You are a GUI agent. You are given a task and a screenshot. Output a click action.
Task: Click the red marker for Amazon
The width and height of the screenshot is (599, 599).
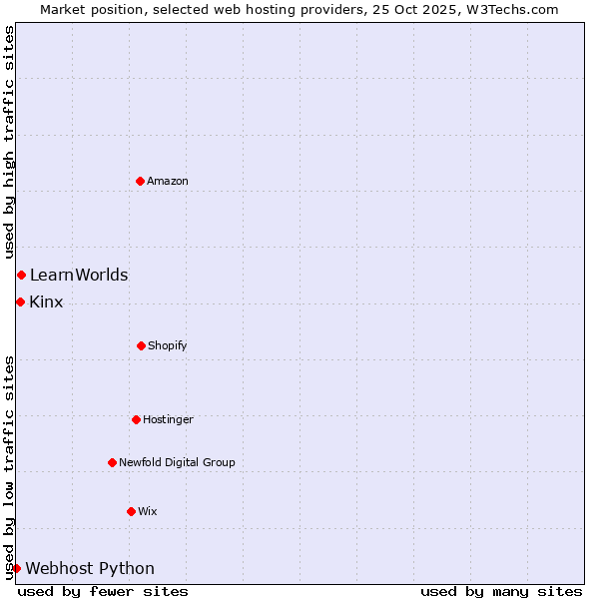pos(141,181)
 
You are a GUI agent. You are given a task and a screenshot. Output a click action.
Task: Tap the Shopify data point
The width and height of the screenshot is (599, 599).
pos(141,345)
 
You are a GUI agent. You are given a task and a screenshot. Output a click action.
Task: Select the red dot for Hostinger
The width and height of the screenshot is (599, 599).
pos(136,419)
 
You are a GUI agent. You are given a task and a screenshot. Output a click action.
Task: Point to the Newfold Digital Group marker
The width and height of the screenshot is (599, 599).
pos(112,462)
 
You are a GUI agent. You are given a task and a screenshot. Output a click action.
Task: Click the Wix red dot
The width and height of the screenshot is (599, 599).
pos(131,511)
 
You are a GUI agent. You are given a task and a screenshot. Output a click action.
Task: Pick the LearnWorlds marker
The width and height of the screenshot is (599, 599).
pos(21,275)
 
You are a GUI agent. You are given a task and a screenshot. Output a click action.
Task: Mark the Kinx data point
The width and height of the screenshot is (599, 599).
pos(20,301)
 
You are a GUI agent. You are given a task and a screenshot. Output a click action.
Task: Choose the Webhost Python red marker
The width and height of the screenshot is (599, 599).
pos(16,568)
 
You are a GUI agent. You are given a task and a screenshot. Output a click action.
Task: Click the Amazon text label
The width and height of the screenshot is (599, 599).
pos(168,181)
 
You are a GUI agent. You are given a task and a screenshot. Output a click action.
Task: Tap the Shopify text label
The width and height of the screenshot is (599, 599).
pos(168,345)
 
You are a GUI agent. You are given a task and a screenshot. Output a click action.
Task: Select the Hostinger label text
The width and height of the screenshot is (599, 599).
pos(168,419)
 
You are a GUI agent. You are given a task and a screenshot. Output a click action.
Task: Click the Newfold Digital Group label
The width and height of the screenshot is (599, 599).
pos(177,462)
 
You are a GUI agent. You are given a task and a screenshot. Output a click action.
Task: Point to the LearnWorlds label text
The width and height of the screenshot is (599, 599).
pos(79,275)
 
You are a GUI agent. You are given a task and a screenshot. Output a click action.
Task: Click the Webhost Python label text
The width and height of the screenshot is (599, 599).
pos(90,568)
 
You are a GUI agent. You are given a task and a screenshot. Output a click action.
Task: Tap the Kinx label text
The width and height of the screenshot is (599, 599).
pos(46,301)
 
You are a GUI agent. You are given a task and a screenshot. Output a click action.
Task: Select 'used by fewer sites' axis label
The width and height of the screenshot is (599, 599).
pos(103,591)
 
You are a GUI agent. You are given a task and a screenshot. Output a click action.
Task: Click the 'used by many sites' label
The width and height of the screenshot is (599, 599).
pos(501,591)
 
